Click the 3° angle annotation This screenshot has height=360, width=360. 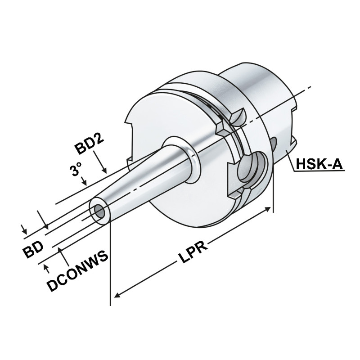(76, 170)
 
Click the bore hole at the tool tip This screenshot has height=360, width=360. (99, 211)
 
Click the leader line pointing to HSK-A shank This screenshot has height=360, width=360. (288, 160)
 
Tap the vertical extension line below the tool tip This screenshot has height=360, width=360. (110, 270)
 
